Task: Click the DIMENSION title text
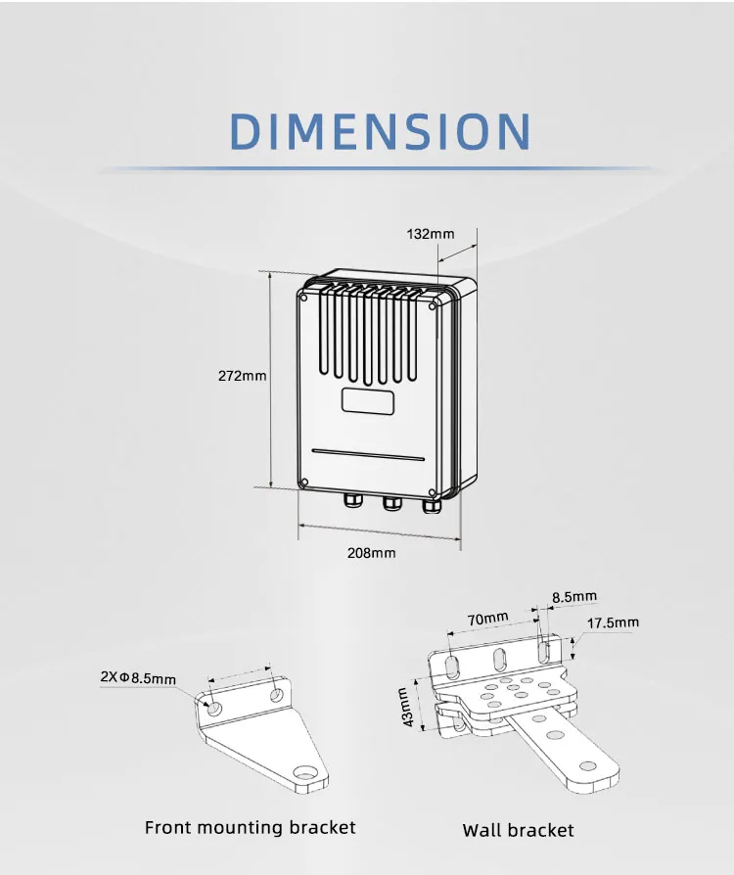point(381,131)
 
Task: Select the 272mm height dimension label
point(242,376)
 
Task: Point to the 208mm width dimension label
point(372,552)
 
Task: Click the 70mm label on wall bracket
point(487,618)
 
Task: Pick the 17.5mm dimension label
point(613,622)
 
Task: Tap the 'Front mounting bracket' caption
point(251,828)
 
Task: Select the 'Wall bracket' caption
point(518,831)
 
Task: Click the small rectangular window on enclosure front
point(367,400)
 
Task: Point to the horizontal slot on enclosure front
point(368,453)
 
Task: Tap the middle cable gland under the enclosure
point(391,504)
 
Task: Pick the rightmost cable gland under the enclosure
point(431,505)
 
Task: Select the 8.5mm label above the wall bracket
point(573,596)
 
